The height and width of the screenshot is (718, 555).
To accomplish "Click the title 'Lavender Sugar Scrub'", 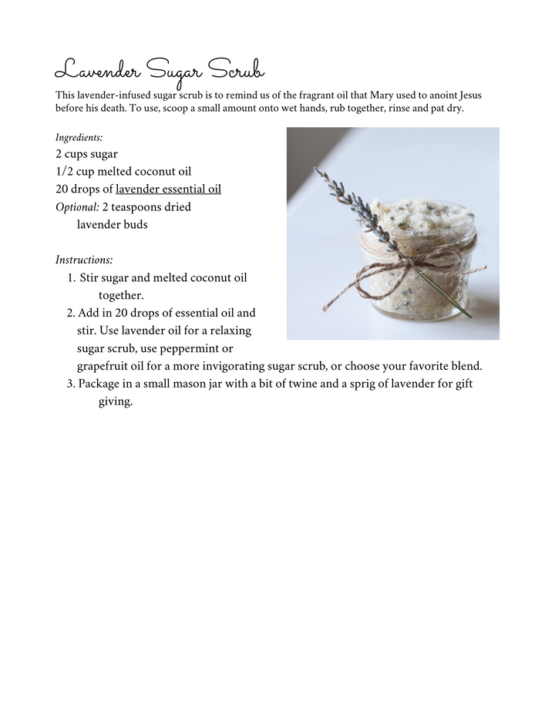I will pos(160,71).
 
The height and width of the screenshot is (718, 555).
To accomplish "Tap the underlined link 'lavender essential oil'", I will pos(168,189).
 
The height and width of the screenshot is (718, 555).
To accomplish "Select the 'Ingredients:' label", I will pos(79,138).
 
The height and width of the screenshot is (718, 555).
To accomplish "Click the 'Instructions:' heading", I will pos(84,260).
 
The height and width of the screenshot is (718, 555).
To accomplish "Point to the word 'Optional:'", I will pos(77,207).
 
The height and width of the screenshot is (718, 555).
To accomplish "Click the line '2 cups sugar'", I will pos(86,154).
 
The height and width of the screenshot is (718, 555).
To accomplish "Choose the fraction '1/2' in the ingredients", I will pos(65,171).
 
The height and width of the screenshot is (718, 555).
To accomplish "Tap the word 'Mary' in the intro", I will pos(367,96).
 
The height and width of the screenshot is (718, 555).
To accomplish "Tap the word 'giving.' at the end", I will pos(116,402).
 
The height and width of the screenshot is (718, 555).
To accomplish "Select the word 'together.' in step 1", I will pos(121,295).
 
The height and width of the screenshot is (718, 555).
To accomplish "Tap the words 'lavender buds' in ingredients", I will pos(112,225).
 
